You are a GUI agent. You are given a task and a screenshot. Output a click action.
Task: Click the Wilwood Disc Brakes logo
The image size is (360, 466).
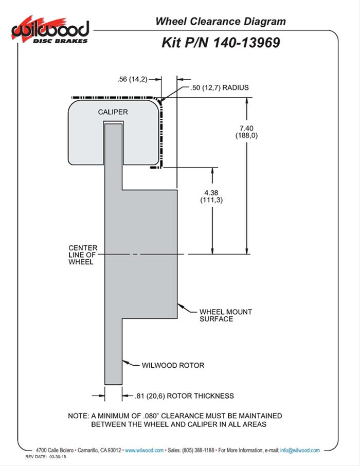51,30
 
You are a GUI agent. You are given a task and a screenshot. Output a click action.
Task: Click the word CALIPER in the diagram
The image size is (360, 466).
113,112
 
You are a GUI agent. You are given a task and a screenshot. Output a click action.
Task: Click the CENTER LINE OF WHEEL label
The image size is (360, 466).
81,254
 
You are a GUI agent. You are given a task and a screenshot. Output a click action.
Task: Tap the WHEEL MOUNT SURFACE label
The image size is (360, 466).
219,315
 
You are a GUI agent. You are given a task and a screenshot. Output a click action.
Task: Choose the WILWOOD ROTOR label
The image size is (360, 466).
173,365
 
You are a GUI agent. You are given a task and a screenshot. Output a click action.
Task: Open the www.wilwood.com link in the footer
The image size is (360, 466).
145,450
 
